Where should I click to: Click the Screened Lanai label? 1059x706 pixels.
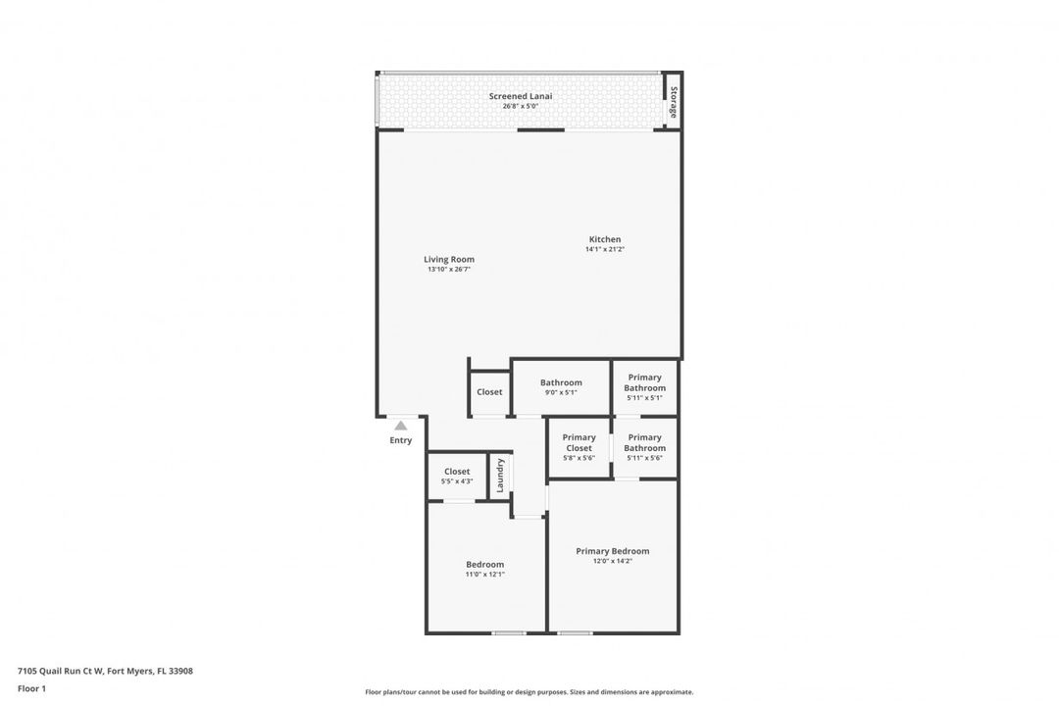point(520,96)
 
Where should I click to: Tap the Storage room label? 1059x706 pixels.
point(674,102)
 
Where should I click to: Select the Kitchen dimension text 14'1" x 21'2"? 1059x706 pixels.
point(604,249)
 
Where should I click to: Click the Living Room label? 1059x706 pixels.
point(449,259)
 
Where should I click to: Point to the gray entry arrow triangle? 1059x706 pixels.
point(400,426)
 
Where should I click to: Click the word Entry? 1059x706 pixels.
point(400,440)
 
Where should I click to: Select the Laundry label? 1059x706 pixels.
point(500,475)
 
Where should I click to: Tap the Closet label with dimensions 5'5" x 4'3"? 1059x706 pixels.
point(457,472)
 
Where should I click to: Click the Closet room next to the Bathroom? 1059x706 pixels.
point(489,392)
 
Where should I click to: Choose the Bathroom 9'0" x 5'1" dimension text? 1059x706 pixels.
point(561,392)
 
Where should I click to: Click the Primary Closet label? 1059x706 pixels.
point(579,442)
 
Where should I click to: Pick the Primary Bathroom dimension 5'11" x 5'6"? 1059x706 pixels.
point(644,458)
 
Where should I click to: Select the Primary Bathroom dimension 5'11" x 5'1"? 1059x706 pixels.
point(644,398)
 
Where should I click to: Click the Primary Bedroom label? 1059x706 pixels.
point(613,551)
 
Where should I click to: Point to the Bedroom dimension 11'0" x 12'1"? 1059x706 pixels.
point(485,575)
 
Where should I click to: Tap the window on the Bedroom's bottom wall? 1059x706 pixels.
point(509,633)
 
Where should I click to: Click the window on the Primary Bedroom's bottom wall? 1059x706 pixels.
point(575,633)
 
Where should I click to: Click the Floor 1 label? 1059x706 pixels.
point(31,688)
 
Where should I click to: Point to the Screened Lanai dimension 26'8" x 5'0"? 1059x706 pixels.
point(520,106)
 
